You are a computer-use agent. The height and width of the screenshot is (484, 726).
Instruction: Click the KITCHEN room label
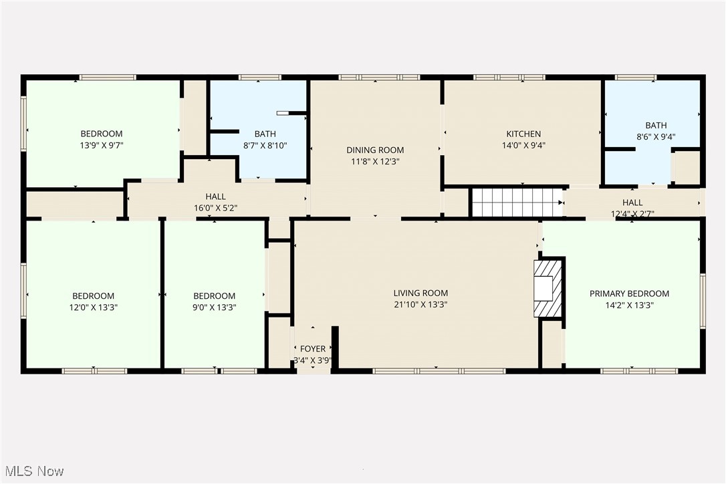pyautogui.click(x=523, y=134)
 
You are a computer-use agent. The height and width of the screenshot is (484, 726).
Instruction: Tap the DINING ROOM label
pyautogui.click(x=374, y=150)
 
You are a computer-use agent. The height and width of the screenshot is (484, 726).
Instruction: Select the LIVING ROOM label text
pyautogui.click(x=420, y=293)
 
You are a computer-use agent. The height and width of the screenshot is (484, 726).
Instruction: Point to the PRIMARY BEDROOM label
pyautogui.click(x=629, y=293)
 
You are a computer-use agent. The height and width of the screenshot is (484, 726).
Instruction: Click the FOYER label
pyautogui.click(x=313, y=349)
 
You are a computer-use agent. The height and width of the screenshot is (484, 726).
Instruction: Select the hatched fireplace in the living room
pyautogui.click(x=548, y=288)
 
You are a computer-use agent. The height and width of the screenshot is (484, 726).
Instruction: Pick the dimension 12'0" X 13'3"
pyautogui.click(x=93, y=308)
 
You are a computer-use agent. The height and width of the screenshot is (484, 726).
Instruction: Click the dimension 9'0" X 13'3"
pyautogui.click(x=214, y=308)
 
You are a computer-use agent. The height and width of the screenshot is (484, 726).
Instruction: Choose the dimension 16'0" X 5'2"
pyautogui.click(x=215, y=208)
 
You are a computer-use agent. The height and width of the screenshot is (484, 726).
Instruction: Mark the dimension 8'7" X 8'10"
pyautogui.click(x=265, y=145)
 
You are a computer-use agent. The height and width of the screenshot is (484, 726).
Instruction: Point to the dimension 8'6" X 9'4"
pyautogui.click(x=655, y=136)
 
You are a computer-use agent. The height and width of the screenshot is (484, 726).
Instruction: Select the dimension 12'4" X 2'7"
pyautogui.click(x=632, y=214)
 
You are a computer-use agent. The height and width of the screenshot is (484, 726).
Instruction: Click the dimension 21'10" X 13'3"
pyautogui.click(x=420, y=304)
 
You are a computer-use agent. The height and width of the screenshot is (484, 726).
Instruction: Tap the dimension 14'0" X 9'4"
pyautogui.click(x=523, y=145)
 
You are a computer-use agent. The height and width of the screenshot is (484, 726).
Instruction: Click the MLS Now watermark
pyautogui.click(x=33, y=471)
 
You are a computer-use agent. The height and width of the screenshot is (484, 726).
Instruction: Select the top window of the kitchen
pyautogui.click(x=509, y=78)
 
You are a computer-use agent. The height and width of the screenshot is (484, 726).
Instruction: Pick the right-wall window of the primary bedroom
pyautogui.click(x=703, y=301)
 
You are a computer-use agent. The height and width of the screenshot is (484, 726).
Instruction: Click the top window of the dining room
pyautogui.click(x=379, y=78)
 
